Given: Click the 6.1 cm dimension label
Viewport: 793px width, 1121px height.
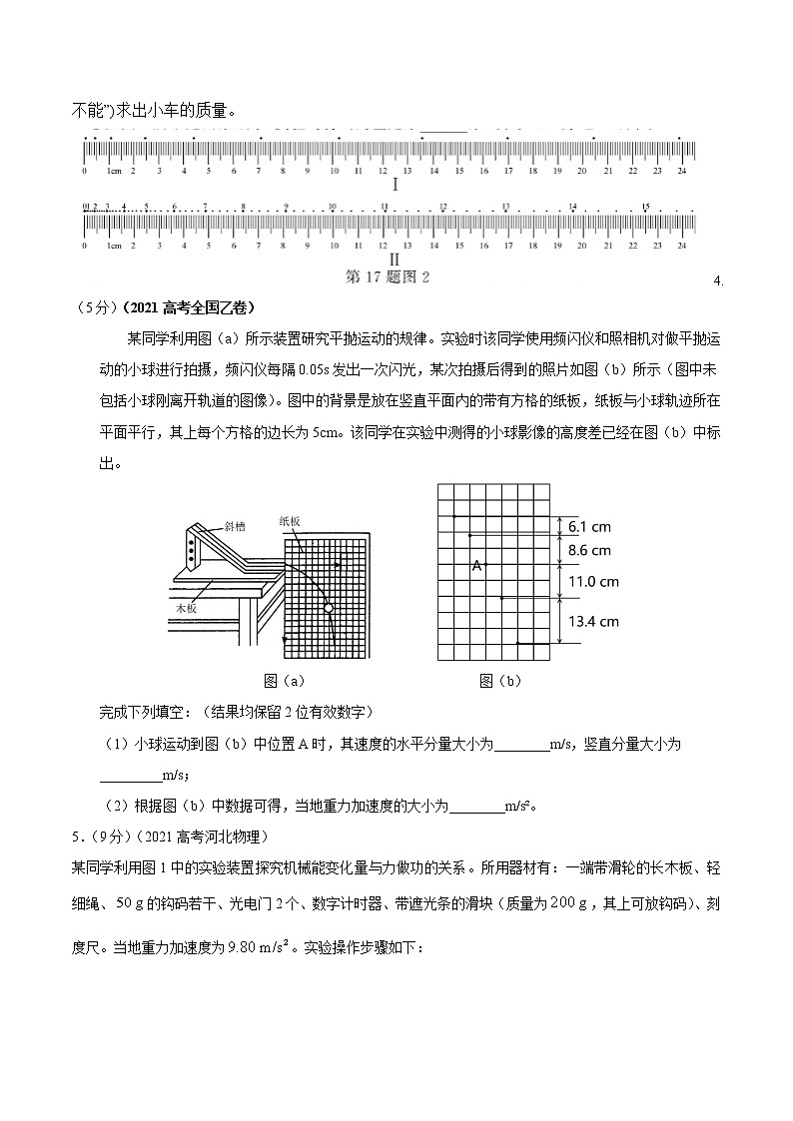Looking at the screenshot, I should [x=588, y=526].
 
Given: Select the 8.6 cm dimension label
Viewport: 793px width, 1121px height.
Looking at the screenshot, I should [x=589, y=550].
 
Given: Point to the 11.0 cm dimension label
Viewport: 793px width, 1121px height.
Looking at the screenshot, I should [x=593, y=581].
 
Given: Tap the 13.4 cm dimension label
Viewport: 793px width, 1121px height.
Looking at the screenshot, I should [x=593, y=621].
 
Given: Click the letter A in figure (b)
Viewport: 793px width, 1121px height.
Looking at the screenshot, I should [x=476, y=566].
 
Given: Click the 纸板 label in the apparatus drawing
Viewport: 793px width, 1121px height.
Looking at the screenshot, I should [x=291, y=520].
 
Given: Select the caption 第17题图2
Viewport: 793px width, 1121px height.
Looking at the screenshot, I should [x=388, y=277].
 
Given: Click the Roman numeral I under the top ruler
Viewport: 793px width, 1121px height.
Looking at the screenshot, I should [x=396, y=186].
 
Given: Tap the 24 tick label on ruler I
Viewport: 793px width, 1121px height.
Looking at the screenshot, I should [x=682, y=172].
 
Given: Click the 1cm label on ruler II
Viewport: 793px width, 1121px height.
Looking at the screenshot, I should [x=114, y=246].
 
